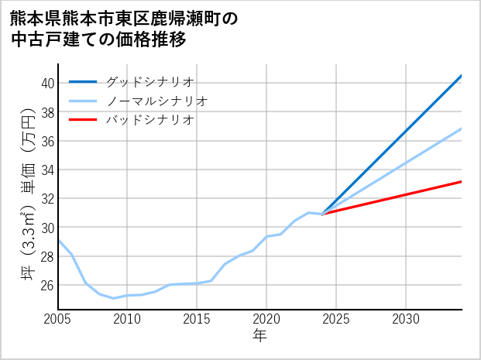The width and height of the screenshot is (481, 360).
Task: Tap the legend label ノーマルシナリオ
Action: click(x=156, y=101)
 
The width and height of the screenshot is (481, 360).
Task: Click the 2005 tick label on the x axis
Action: click(x=58, y=319)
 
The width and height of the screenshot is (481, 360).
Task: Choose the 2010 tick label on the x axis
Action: click(x=127, y=319)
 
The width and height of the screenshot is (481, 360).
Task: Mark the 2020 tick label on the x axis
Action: click(x=266, y=319)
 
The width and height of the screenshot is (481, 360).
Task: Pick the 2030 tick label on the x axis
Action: click(x=406, y=319)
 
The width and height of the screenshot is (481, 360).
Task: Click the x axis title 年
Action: click(x=259, y=337)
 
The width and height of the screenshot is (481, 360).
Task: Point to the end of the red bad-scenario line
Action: click(x=461, y=181)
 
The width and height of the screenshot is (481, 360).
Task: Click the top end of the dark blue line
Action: click(x=461, y=76)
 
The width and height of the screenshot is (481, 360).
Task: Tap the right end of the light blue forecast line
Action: click(x=461, y=129)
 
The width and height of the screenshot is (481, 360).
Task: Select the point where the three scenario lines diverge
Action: click(x=322, y=214)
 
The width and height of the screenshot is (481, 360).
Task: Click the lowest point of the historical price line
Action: click(x=113, y=298)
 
